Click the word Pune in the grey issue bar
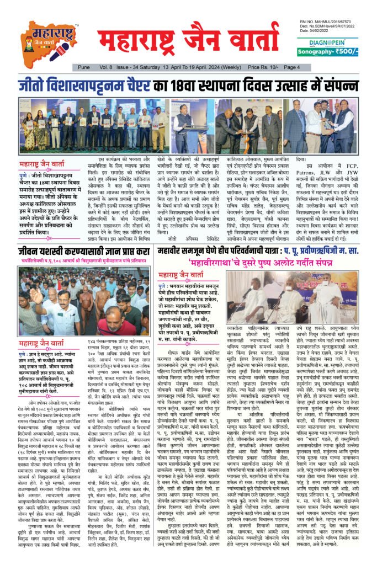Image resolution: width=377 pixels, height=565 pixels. click(x=83, y=67)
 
